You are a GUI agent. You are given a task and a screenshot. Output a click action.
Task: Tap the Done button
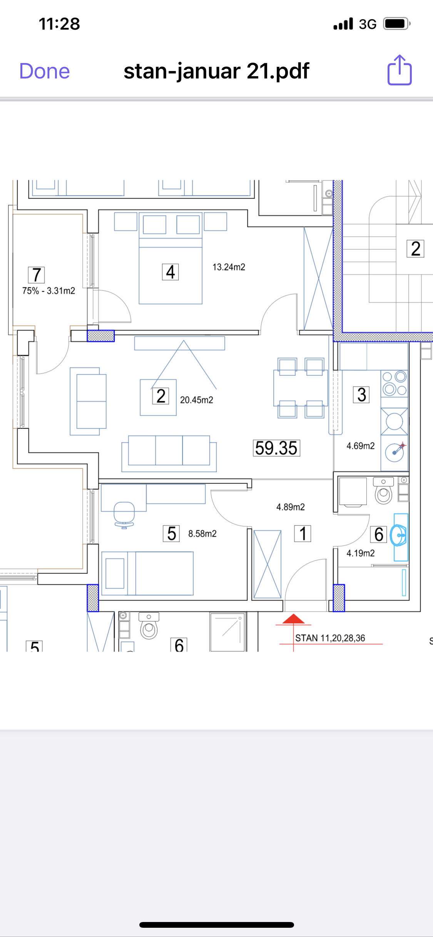pos(45,71)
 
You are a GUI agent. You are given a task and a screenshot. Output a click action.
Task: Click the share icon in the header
pos(400,70)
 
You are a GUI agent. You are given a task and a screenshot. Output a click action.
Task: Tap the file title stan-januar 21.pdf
pos(216,71)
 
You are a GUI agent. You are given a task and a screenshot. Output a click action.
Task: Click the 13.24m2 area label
pos(229,267)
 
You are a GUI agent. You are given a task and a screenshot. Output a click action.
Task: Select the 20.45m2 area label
pos(196,400)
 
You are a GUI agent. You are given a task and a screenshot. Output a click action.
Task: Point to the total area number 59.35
pos(276,448)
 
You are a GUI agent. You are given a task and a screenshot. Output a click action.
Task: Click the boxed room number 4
pos(170,272)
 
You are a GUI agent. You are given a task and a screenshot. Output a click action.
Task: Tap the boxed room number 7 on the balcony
pos(37,275)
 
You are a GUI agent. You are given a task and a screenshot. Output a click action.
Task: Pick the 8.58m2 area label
pos(202,534)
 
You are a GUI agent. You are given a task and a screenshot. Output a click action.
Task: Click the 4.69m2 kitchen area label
pos(361,446)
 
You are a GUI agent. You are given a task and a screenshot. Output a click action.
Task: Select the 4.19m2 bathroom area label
pos(361,553)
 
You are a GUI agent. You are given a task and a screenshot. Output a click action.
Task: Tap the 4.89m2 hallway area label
pos(291,507)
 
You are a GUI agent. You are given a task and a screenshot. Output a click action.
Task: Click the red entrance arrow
pos(294,619)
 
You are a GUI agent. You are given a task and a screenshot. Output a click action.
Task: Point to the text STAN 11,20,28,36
pos(330,638)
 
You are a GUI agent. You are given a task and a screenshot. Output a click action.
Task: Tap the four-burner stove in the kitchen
pos(395,383)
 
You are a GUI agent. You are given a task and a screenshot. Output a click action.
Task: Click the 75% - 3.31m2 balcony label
pos(49,291)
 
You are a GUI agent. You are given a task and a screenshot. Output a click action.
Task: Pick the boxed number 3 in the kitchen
pos(361,395)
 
